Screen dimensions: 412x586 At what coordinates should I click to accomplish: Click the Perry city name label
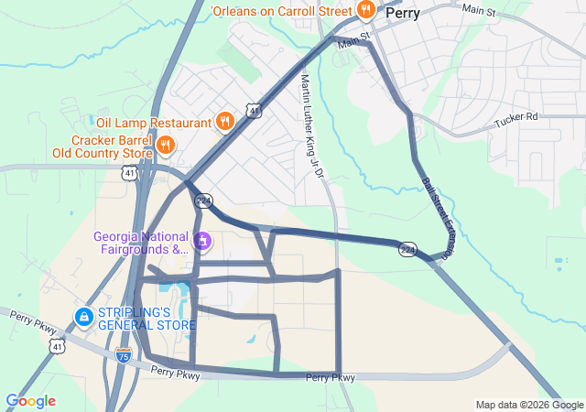(403, 14)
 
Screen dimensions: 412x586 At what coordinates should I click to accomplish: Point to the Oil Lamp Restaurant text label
(154, 122)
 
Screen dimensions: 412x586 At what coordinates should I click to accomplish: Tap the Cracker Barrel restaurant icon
(166, 145)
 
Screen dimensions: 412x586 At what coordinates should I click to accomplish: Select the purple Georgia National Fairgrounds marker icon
(202, 243)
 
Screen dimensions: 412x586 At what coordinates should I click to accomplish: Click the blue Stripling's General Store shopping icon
(83, 317)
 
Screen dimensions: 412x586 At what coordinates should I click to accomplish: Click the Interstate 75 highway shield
(124, 357)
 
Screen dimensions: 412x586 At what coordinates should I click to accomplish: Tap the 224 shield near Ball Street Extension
(407, 249)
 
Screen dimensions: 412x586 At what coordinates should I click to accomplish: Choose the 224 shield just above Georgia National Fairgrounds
(204, 199)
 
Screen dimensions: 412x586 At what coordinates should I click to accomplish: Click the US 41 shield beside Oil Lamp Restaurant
(254, 110)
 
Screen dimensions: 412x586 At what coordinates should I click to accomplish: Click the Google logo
(30, 401)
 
